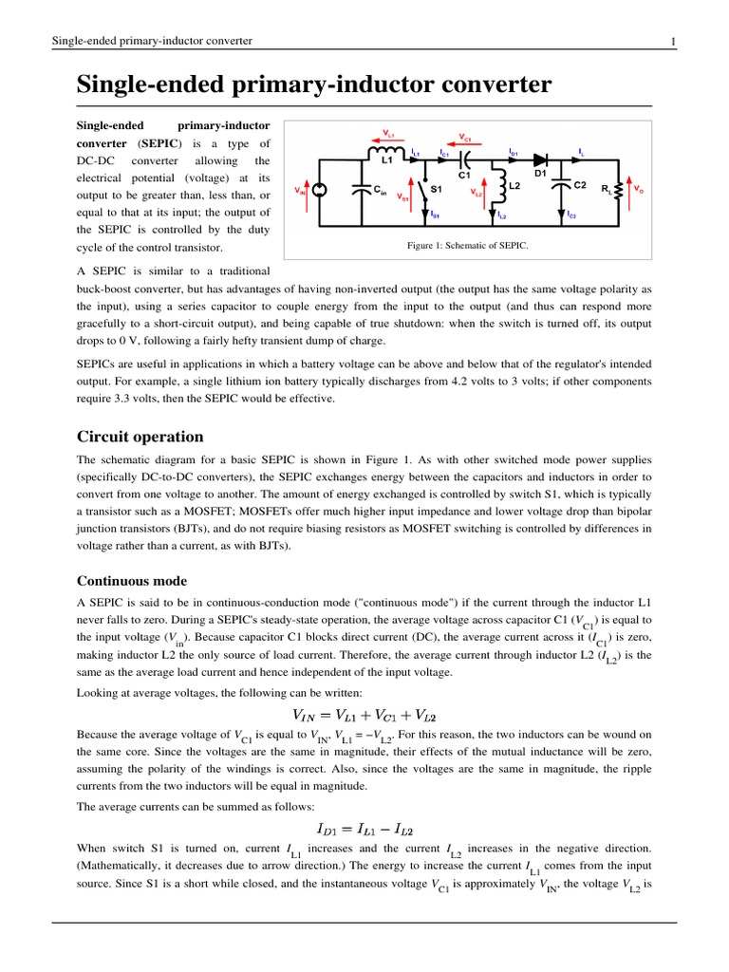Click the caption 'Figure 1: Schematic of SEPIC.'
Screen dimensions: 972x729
tap(466, 246)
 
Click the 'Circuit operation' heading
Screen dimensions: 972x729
tap(140, 437)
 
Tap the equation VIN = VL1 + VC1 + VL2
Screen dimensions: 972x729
tap(364, 715)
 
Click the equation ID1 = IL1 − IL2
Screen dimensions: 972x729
tap(364, 832)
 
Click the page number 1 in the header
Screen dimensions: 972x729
tap(672, 41)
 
